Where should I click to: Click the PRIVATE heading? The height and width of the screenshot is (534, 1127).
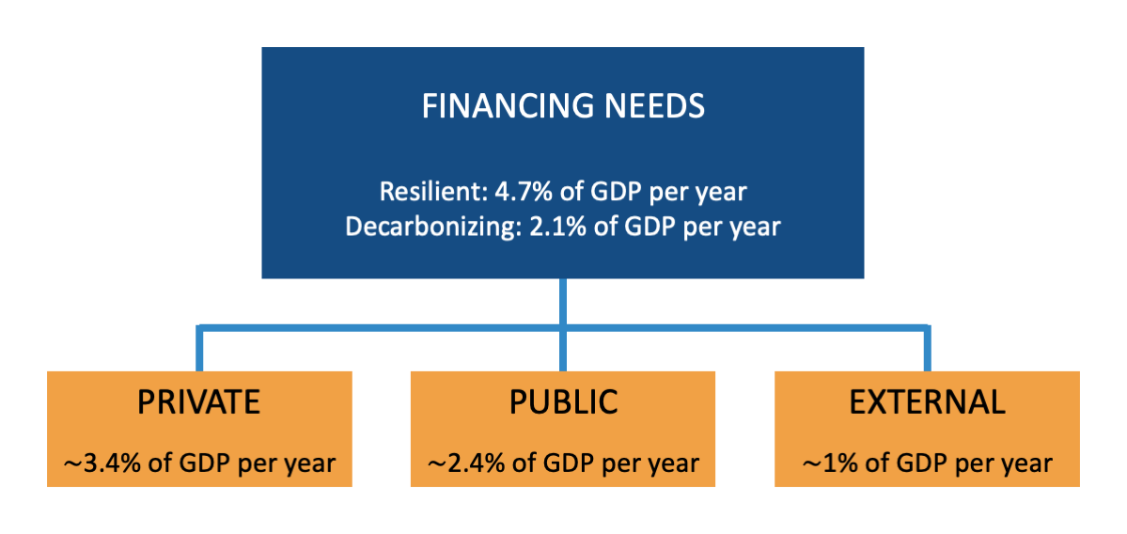[x=198, y=401]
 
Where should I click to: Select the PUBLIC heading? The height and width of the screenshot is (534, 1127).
[x=563, y=401]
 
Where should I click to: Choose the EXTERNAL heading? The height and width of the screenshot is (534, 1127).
[x=927, y=401]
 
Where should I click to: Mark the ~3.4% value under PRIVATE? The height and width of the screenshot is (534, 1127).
[x=89, y=463]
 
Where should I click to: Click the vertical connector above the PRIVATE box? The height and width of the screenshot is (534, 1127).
[x=199, y=350]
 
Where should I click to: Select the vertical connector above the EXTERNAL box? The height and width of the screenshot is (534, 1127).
[x=928, y=350]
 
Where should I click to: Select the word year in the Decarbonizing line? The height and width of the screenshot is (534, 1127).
[x=751, y=227]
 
